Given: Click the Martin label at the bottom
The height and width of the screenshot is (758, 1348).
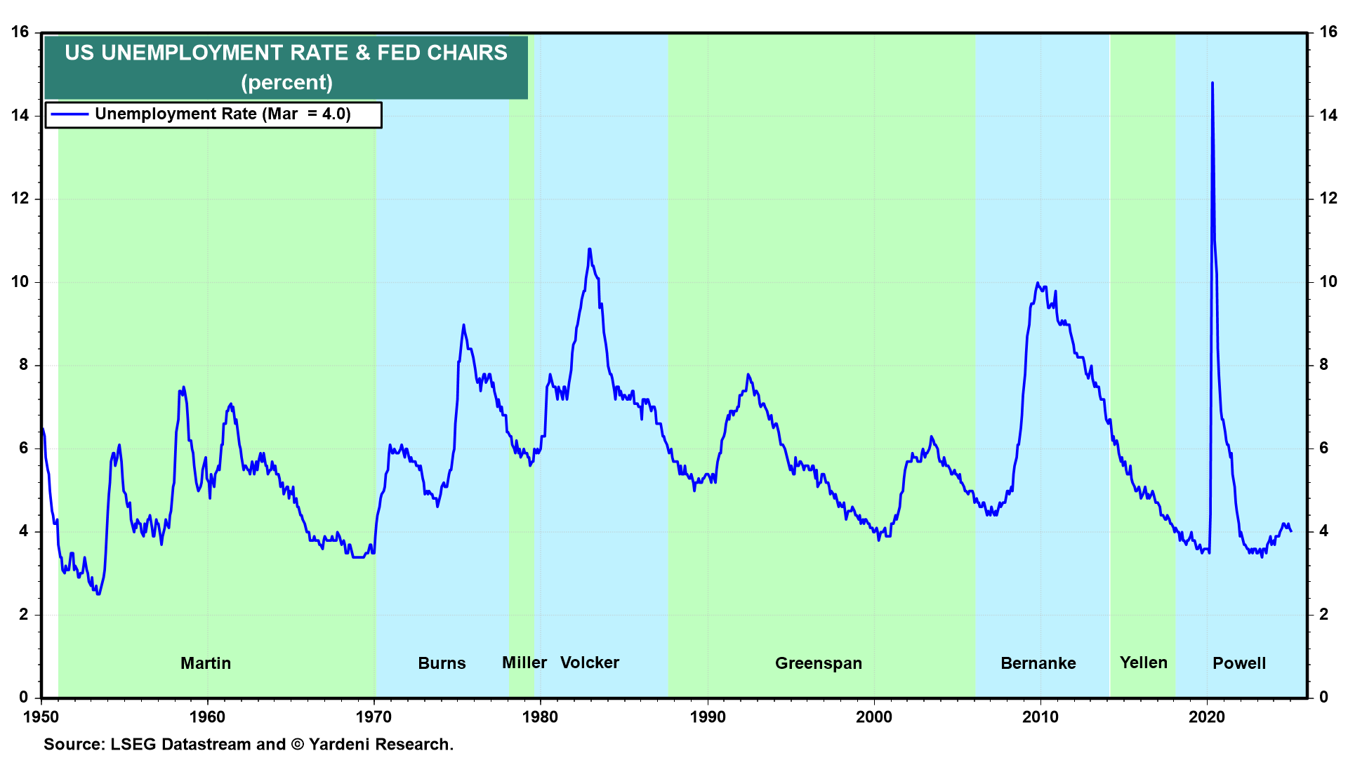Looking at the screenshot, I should pyautogui.click(x=205, y=663).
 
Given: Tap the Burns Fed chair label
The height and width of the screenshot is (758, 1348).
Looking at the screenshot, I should pyautogui.click(x=442, y=663).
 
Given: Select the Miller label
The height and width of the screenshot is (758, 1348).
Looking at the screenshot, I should pyautogui.click(x=524, y=663).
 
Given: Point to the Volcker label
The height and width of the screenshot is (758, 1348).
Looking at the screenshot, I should pyautogui.click(x=590, y=663).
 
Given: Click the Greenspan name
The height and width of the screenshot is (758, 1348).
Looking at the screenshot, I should pyautogui.click(x=818, y=663).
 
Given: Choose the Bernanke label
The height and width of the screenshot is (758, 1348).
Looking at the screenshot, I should pyautogui.click(x=1038, y=663).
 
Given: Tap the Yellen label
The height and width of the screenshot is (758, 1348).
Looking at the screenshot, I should pyautogui.click(x=1143, y=663).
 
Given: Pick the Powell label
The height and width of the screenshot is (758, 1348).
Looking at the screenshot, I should pyautogui.click(x=1239, y=663).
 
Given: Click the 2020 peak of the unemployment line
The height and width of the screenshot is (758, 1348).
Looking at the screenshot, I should pyautogui.click(x=1212, y=84).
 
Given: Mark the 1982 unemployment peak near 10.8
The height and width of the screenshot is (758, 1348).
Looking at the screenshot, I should pyautogui.click(x=590, y=249).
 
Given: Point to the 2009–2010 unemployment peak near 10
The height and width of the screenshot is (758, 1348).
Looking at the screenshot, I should pyautogui.click(x=1037, y=284).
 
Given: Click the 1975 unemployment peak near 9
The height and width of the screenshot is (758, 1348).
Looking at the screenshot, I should pyautogui.click(x=463, y=325).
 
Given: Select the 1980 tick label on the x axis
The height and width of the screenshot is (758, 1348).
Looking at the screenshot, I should pyautogui.click(x=540, y=717).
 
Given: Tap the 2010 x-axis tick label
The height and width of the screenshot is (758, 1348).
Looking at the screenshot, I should pyautogui.click(x=1040, y=717).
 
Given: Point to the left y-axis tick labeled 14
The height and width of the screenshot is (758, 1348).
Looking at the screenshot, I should pyautogui.click(x=20, y=115).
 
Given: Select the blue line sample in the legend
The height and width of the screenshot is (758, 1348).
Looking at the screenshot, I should pyautogui.click(x=70, y=114).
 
